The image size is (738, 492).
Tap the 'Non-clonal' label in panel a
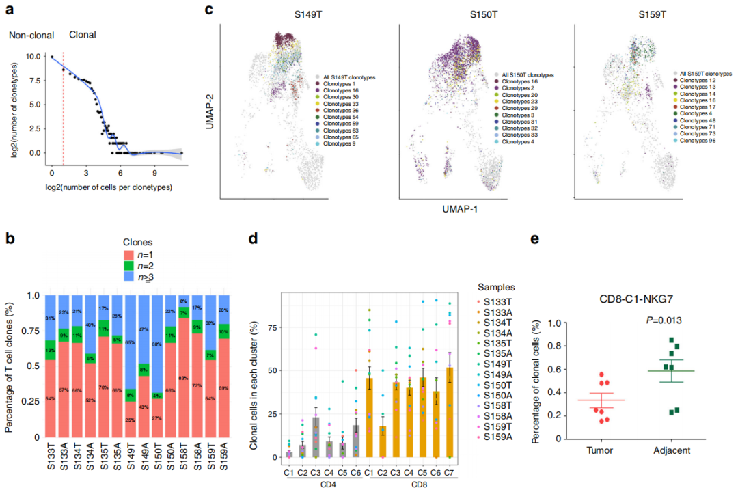pyautogui.click(x=31, y=35)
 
